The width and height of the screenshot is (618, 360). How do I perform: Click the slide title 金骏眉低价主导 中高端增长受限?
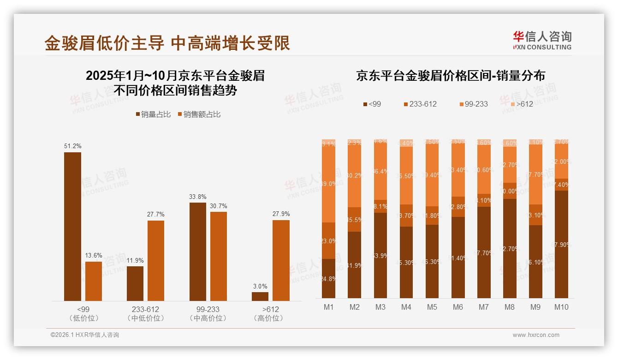click(167, 43)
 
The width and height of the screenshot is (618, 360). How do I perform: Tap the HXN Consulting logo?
click(542, 41)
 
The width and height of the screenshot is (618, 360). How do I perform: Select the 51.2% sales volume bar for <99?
click(72, 226)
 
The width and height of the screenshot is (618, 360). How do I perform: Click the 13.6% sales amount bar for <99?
click(94, 281)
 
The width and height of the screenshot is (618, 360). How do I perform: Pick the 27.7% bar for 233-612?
click(156, 261)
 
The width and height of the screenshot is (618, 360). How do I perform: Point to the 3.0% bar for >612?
click(260, 296)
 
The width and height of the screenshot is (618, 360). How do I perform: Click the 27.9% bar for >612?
click(281, 260)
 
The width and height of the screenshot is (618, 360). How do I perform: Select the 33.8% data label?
click(198, 197)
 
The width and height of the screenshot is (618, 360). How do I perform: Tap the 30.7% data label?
click(218, 206)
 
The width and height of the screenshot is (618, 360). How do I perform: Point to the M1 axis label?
click(328, 307)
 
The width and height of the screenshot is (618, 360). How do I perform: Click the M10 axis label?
click(561, 307)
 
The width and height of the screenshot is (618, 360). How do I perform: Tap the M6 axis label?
click(458, 307)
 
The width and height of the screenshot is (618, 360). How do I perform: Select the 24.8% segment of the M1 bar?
click(328, 278)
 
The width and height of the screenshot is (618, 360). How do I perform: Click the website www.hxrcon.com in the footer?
click(536, 335)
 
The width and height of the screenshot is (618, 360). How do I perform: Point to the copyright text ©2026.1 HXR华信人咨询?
click(85, 335)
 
